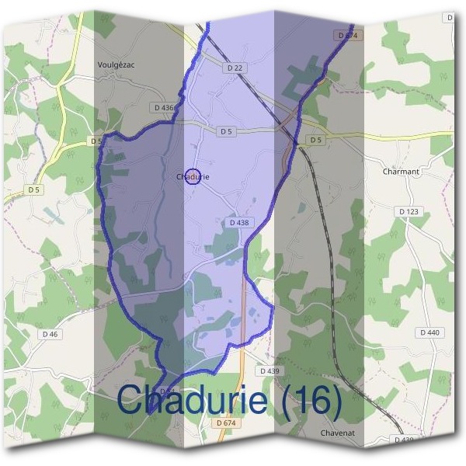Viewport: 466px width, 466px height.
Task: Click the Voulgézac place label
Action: point(117,65)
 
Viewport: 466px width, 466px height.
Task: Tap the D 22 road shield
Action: point(236,68)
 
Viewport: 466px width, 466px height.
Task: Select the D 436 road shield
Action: point(165,107)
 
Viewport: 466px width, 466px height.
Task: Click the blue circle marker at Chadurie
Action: point(194,177)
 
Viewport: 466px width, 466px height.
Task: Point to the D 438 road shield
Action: point(240,222)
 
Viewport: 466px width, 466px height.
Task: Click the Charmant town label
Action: point(401,171)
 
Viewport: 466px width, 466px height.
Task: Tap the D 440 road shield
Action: point(429,332)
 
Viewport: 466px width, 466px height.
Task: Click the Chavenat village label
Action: point(338,433)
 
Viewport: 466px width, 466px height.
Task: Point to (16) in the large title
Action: point(309,401)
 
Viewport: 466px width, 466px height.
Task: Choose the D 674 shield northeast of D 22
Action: point(348,36)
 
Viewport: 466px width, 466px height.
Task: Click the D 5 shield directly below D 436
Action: point(226,131)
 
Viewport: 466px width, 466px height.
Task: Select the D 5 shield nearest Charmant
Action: point(315,140)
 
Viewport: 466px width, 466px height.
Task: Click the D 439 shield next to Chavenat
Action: point(403,440)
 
